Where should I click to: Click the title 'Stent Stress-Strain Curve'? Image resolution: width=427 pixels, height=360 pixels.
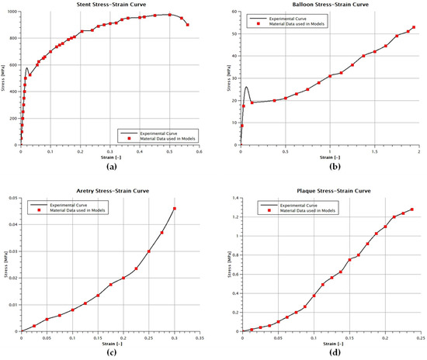click(109, 5)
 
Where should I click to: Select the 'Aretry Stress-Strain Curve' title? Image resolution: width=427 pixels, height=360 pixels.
click(109, 190)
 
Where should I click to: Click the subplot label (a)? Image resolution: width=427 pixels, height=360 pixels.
click(109, 165)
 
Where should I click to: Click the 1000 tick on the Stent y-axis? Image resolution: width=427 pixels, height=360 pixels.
click(11, 12)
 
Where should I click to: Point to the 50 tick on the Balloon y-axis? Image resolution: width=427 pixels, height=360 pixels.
click(231, 34)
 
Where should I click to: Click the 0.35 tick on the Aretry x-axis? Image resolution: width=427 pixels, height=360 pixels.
click(199, 337)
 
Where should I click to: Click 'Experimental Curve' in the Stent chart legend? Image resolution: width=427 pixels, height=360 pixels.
click(165, 133)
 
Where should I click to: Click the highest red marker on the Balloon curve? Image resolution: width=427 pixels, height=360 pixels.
click(414, 27)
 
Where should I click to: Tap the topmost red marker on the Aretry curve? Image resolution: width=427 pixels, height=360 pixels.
click(175, 209)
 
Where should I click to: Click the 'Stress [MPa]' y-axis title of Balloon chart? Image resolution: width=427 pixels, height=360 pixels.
click(223, 78)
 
